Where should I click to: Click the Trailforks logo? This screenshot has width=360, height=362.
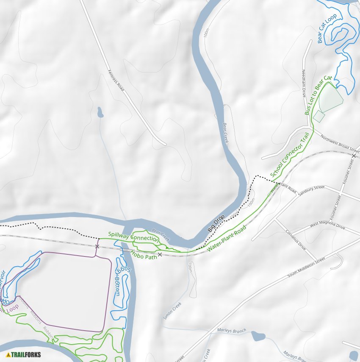pyautogui.click(x=24, y=354)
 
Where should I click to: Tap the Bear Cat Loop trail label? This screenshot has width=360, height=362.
pyautogui.click(x=327, y=28)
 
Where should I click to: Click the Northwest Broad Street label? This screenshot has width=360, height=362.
pyautogui.click(x=340, y=144)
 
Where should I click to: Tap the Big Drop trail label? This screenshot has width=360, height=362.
pyautogui.click(x=216, y=223)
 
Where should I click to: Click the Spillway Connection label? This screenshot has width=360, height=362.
pyautogui.click(x=133, y=237)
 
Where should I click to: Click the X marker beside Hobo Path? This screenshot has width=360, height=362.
pyautogui.click(x=160, y=254)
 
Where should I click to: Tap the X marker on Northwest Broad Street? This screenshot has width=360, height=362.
pyautogui.click(x=354, y=156)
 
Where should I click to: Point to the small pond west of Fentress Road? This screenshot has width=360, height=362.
pyautogui.click(x=100, y=112)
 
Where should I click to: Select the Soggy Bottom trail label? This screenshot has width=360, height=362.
pyautogui.click(x=122, y=281)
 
